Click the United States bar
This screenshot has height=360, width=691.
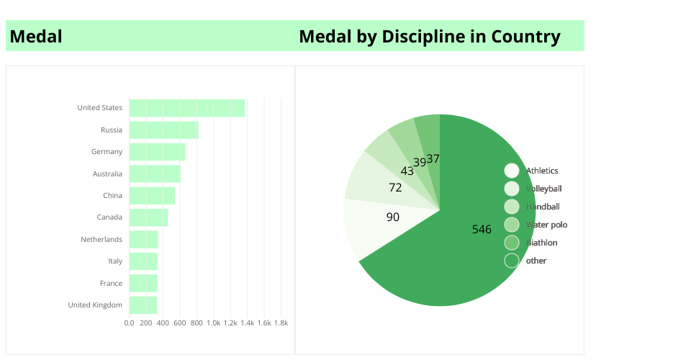(x=187, y=108)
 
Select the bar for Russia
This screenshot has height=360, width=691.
(x=163, y=130)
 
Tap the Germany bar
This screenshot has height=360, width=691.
(x=157, y=152)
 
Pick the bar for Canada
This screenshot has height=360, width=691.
(x=148, y=217)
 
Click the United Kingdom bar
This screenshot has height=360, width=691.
(x=143, y=305)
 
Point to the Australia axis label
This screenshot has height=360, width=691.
(x=107, y=174)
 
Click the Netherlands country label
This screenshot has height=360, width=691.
(x=101, y=239)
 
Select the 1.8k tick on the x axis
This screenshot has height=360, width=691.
(x=281, y=323)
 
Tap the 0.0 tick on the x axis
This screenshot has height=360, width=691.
(x=130, y=323)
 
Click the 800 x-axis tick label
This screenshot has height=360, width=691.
(x=197, y=323)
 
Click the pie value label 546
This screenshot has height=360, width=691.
(x=482, y=230)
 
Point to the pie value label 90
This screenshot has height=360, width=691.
(x=393, y=217)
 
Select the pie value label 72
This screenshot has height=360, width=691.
(x=395, y=188)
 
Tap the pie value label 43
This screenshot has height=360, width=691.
(x=407, y=171)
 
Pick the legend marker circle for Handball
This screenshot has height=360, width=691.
(x=511, y=207)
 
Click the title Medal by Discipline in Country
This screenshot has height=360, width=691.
(x=429, y=36)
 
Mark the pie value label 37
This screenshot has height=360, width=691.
(x=433, y=158)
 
